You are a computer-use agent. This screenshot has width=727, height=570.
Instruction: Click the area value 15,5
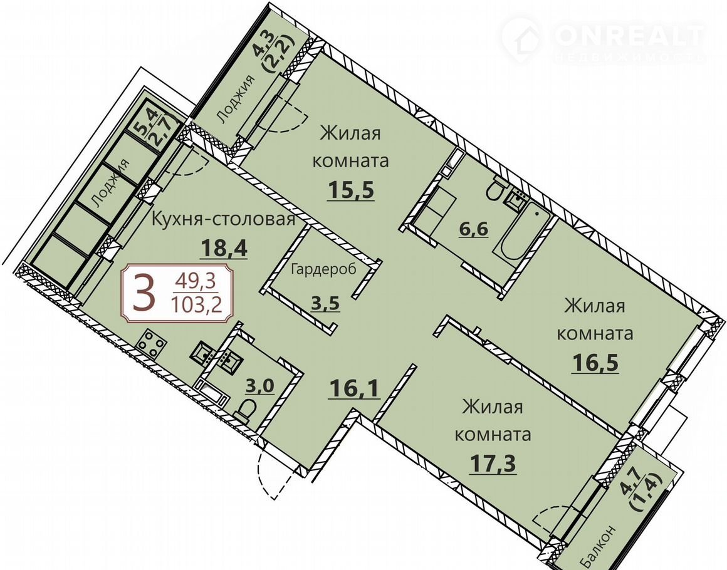[350, 189]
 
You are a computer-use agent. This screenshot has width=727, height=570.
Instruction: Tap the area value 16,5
[596, 363]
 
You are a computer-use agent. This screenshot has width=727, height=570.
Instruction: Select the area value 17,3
[493, 463]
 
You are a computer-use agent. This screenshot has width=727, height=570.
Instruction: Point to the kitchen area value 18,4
[224, 249]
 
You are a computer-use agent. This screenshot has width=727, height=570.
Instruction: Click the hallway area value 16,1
[355, 388]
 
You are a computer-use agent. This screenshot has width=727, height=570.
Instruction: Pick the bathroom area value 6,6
[474, 229]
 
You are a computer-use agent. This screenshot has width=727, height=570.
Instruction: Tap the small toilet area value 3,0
[260, 386]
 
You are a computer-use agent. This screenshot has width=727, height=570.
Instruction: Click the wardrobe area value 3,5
[325, 304]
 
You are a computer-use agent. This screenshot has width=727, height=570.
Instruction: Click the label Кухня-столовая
[224, 219]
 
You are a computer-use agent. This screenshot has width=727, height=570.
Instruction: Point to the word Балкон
[599, 547]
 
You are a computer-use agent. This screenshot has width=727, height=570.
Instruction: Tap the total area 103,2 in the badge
[196, 305]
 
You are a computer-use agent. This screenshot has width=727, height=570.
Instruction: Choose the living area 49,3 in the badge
[196, 281]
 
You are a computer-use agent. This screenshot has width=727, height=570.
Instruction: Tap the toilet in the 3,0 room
[244, 410]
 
